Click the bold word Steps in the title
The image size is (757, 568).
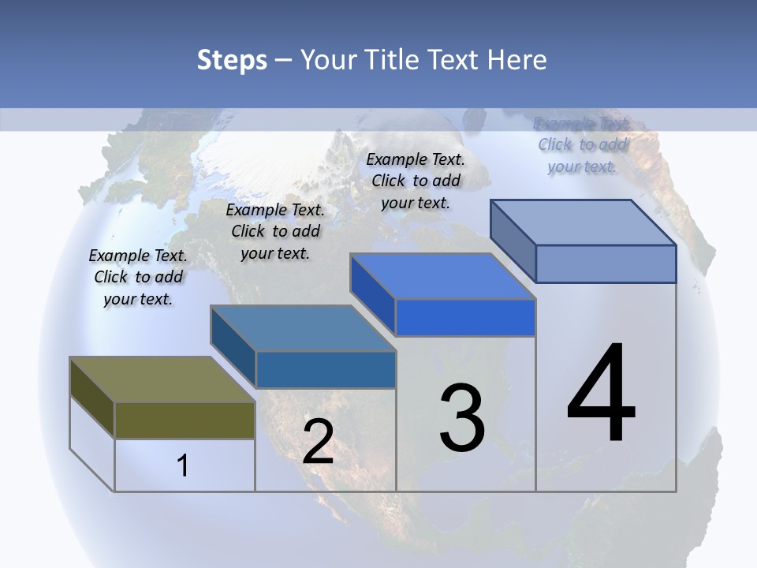click(x=232, y=60)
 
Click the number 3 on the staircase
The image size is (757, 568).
click(x=462, y=418)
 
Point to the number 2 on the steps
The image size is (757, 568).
click(x=318, y=442)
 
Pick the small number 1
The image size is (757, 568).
click(x=183, y=465)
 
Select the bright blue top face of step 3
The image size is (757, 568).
click(x=442, y=276)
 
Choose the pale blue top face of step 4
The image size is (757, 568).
click(x=583, y=222)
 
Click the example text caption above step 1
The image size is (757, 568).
click(x=138, y=277)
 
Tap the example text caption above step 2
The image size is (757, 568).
click(x=275, y=231)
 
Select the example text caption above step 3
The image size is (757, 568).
click(x=416, y=181)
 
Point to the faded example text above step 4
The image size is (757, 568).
click(x=582, y=144)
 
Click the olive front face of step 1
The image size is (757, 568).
click(x=185, y=420)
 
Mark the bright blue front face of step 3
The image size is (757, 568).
click(x=465, y=318)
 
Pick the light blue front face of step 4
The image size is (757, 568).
click(x=606, y=263)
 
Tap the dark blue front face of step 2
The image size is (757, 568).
click(x=325, y=369)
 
